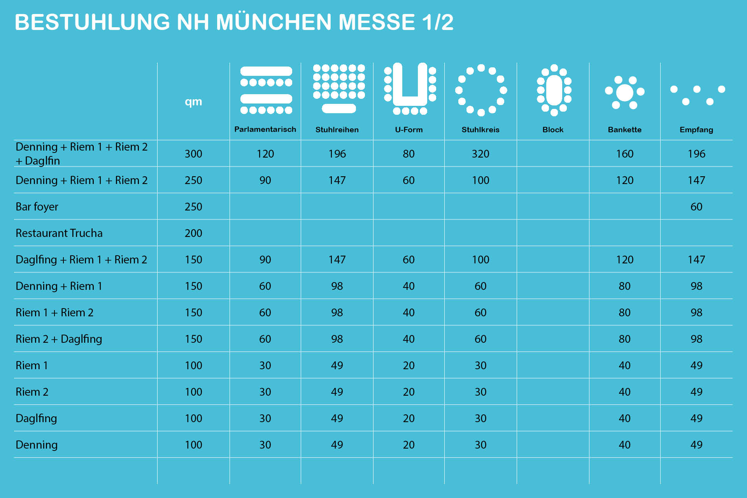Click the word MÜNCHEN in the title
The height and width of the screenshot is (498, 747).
273,22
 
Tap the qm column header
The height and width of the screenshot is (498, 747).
193,102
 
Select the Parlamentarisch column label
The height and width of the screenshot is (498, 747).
265,130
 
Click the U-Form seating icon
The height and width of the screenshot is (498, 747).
410,89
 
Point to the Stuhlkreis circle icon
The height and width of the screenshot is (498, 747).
481,90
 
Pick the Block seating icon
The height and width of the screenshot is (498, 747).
554,90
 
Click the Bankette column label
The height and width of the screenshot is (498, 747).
624,130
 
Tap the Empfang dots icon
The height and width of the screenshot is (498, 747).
697,95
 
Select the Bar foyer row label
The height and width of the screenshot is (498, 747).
37,207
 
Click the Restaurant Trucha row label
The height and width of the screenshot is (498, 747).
59,233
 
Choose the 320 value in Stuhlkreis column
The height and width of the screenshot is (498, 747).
480,154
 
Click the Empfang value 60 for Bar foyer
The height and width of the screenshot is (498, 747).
696,207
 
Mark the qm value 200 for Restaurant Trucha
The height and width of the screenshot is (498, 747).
193,233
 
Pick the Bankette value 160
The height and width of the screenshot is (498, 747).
624,154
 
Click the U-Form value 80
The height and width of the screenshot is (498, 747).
409,154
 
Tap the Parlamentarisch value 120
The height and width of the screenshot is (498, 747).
265,154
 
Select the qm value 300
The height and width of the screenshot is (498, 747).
193,154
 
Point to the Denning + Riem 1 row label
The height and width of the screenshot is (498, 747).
59,286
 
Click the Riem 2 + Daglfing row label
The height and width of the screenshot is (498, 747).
59,339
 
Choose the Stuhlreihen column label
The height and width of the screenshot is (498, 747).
337,130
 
